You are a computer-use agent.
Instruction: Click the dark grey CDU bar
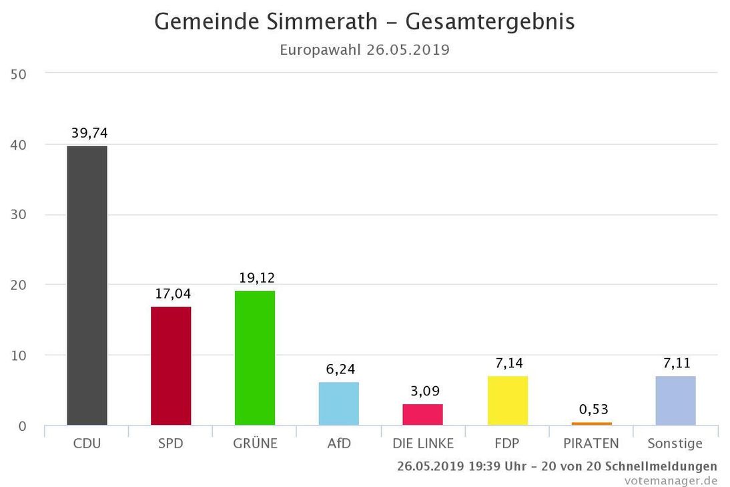87,285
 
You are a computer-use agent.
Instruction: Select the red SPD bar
171,365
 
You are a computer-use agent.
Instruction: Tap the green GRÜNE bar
255,358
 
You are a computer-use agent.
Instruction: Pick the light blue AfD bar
339,403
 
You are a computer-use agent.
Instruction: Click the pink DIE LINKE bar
422,414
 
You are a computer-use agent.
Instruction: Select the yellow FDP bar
507,400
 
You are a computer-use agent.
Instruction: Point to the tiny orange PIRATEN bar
591,424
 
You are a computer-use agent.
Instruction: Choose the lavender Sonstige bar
675,400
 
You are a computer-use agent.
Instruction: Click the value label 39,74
89,134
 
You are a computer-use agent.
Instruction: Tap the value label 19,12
257,278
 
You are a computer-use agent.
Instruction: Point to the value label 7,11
677,363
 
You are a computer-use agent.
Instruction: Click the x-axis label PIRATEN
591,444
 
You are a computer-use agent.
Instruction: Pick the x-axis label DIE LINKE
422,444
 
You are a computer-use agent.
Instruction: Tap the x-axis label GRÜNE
255,444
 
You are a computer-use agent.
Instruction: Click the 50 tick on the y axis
19,74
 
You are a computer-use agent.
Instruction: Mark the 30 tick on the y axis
19,215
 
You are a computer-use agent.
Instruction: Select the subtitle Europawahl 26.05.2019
364,50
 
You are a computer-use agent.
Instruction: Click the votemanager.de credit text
671,480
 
